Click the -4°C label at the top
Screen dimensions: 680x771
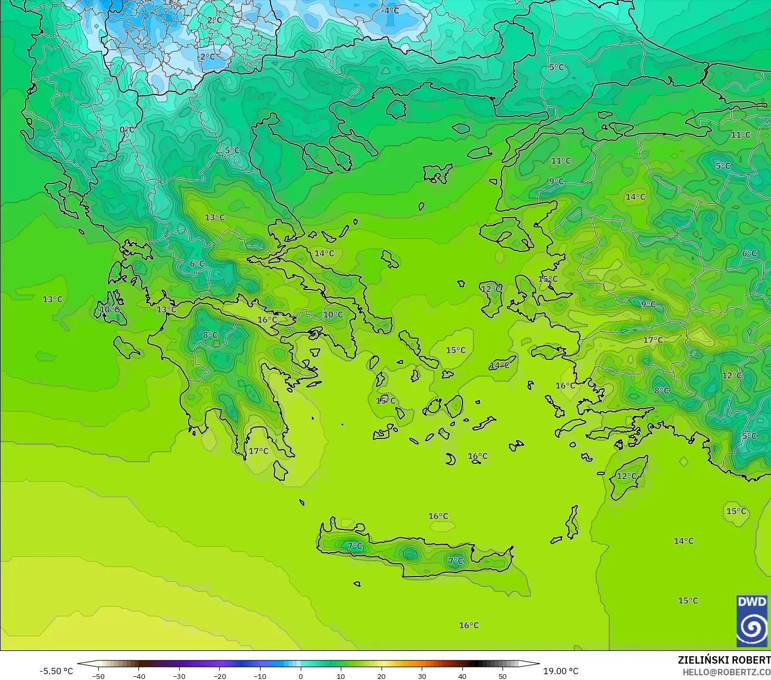click(391, 11)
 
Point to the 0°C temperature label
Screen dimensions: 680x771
click(127, 130)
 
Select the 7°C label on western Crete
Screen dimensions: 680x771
click(355, 546)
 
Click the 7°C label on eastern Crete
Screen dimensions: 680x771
click(456, 561)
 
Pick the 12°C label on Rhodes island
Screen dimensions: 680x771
click(627, 476)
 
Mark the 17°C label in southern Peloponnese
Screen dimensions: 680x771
click(258, 451)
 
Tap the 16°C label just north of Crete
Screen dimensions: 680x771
click(438, 516)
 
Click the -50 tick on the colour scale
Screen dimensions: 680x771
click(98, 676)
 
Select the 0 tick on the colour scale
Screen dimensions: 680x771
click(301, 676)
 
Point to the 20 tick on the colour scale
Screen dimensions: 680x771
click(382, 676)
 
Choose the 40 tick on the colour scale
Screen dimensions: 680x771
click(462, 676)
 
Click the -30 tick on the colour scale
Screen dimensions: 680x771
click(179, 676)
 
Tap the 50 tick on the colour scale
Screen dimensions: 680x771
click(503, 676)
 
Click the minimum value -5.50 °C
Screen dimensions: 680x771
click(56, 671)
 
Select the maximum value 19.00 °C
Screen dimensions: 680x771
click(561, 671)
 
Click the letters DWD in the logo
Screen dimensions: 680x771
click(751, 602)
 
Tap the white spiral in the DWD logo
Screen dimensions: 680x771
click(751, 628)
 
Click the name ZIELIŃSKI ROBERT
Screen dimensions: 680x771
click(724, 660)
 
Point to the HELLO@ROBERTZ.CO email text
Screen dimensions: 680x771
click(726, 672)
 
